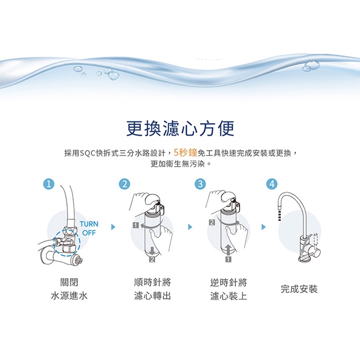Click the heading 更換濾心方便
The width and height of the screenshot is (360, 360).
(180, 128)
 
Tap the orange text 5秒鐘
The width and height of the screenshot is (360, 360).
(186, 153)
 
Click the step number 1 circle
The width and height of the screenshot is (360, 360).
(49, 184)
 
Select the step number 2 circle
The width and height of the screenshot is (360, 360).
(125, 184)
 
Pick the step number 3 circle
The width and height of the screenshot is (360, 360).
(200, 184)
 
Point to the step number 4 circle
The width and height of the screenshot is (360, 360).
(272, 184)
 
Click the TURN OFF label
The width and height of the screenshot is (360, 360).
(89, 228)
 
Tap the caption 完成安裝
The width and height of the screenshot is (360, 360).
(299, 289)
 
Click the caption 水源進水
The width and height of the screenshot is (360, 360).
(69, 296)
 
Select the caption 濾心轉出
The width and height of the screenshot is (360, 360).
(152, 296)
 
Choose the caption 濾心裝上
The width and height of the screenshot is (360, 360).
(228, 296)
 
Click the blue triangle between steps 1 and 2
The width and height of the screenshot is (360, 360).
(113, 227)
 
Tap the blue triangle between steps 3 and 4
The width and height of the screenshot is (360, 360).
(263, 227)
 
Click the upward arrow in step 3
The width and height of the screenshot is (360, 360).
(228, 250)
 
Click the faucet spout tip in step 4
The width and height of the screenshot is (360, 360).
(279, 220)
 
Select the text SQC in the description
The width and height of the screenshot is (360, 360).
(88, 153)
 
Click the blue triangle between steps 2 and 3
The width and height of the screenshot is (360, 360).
(189, 227)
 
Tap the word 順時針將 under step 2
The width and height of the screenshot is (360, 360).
(152, 282)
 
